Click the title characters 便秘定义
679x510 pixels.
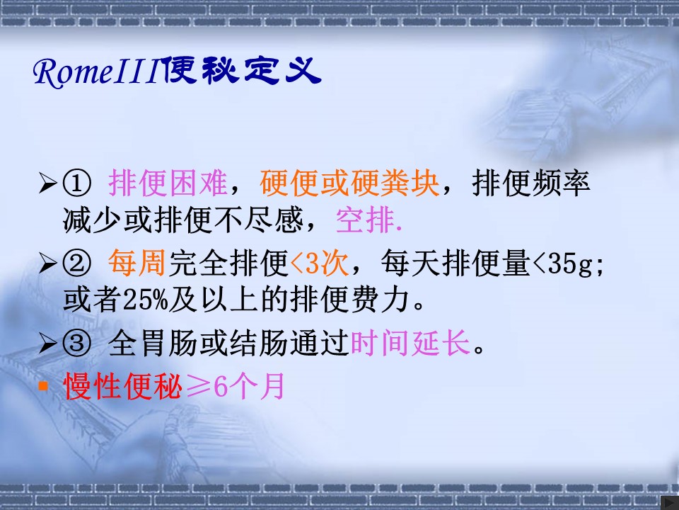[243, 70]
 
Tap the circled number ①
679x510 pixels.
[77, 183]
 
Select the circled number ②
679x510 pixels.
[77, 263]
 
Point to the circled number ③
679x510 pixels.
[77, 343]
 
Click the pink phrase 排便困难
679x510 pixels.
[168, 183]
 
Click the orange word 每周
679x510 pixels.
[137, 263]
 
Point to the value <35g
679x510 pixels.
[562, 263]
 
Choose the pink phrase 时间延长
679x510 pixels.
[410, 343]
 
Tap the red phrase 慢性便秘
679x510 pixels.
[123, 386]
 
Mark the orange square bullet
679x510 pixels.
[43, 385]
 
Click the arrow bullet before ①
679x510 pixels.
[47, 183]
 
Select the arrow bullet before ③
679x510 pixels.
[47, 343]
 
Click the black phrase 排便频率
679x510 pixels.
[531, 183]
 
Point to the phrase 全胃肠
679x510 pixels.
[153, 343]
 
